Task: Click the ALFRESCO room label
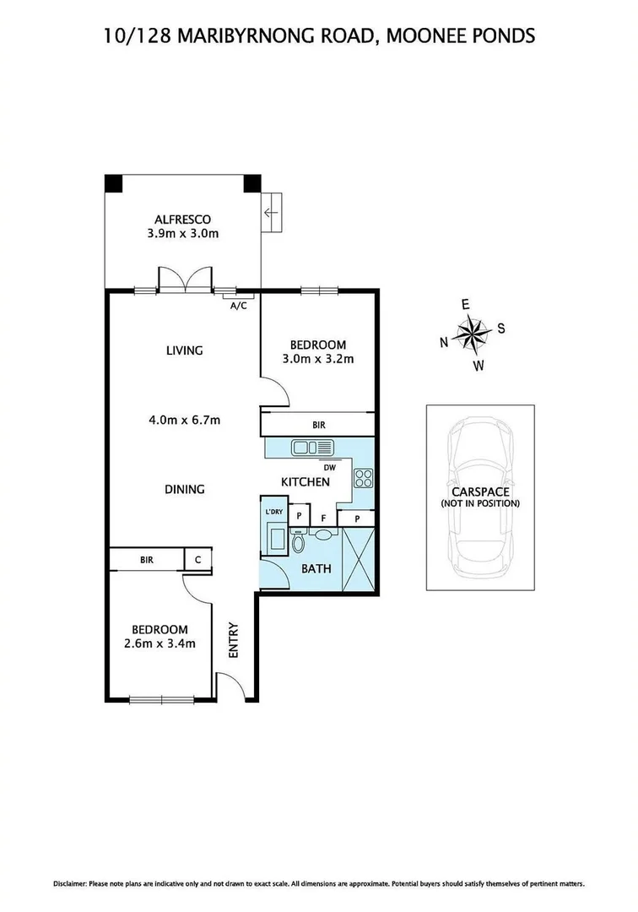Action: pos(182,219)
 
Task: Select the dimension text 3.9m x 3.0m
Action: pos(182,233)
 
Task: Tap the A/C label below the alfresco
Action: pos(238,306)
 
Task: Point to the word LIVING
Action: pos(184,350)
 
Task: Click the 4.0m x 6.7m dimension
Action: pos(184,420)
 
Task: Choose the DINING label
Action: pos(184,489)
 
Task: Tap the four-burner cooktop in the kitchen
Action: pos(364,479)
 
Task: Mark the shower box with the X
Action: pos(359,559)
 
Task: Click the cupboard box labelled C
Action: pos(198,558)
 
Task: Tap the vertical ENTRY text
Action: pos(234,640)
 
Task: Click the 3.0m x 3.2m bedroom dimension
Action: pos(317,358)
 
